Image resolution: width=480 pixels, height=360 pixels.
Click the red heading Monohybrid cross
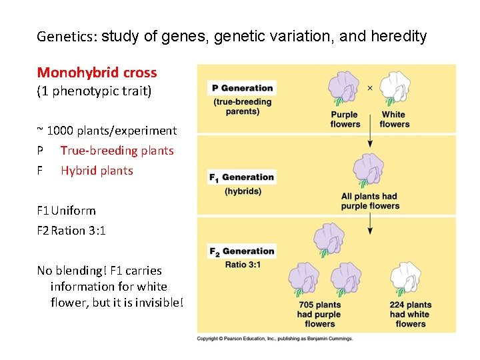[x=97, y=73]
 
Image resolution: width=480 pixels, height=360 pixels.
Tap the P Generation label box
[x=242, y=88]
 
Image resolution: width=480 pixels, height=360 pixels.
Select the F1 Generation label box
[x=241, y=177]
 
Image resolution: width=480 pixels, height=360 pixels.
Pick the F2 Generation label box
[x=242, y=251]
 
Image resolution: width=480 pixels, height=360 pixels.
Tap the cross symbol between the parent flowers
[x=370, y=87]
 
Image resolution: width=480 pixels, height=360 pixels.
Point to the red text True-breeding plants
[x=117, y=151]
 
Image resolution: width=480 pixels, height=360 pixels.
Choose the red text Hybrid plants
[x=97, y=171]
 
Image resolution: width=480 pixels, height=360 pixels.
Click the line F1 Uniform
[x=67, y=211]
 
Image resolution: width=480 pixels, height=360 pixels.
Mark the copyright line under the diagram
[x=274, y=339]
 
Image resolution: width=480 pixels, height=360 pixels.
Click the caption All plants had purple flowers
[x=369, y=201]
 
